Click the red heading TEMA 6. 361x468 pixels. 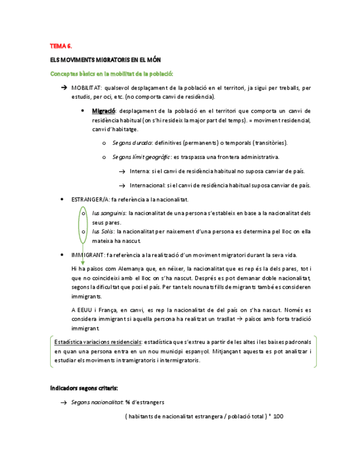(61, 46)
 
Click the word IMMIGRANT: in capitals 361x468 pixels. (87, 255)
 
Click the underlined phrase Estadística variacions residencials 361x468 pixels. (98, 342)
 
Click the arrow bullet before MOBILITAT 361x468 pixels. (65, 87)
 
